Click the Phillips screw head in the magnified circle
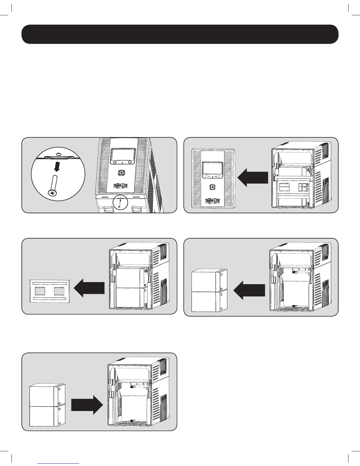[53, 193]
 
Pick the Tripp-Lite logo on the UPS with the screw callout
[121, 186]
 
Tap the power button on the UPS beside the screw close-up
[121, 173]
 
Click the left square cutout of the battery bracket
[39, 291]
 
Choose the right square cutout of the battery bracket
[59, 291]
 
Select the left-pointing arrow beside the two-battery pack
[249, 289]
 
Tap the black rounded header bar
[180, 34]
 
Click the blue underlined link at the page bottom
[59, 464]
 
